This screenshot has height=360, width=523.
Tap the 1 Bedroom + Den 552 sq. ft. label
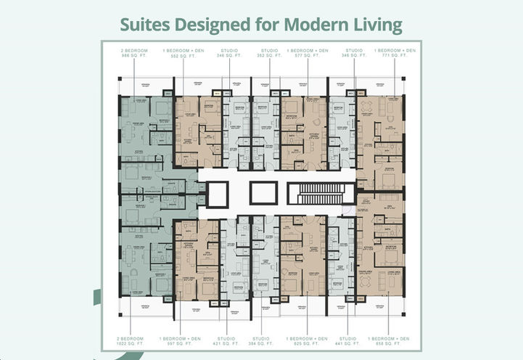184,53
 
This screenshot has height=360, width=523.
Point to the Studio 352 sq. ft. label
270,53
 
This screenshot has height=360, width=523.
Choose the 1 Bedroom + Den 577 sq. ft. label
308,53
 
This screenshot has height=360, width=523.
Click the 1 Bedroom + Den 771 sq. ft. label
395,53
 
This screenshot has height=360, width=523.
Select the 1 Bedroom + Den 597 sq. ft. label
177,340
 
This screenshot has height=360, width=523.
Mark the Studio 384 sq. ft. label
260,340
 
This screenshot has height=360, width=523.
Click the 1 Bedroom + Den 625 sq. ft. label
308,340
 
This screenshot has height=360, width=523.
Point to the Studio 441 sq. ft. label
347,340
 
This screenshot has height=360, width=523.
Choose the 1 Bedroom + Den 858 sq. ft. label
388,340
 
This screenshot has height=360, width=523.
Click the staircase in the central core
319,193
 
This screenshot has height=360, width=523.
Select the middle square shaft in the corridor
264,193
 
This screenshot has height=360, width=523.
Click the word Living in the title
376,25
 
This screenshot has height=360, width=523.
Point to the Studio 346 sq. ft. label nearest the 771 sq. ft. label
355,53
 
